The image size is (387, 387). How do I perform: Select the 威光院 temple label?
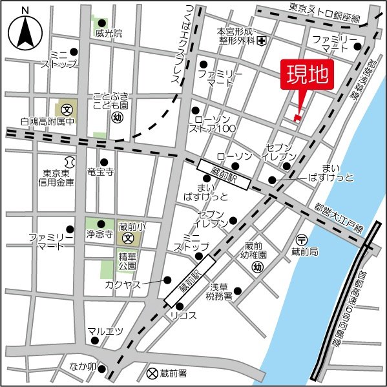coord(108,33)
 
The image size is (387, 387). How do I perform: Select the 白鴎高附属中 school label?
coord(47,121)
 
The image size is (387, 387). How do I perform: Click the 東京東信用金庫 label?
coord(59,178)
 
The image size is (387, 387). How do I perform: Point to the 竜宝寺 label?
coord(100,173)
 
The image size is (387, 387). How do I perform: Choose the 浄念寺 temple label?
coord(100,236)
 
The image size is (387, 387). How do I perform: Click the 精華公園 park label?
coord(128,260)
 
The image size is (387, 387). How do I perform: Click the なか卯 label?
coord(83,366)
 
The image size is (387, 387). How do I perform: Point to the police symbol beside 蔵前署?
coord(152,373)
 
